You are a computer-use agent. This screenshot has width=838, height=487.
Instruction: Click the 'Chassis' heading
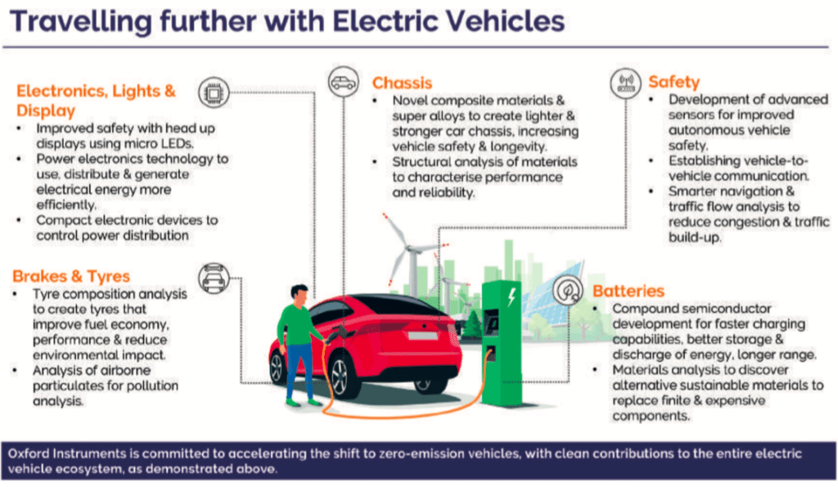tap(402, 83)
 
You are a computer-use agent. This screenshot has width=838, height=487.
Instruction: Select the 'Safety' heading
tap(674, 82)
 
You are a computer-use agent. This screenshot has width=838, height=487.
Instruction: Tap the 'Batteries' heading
tap(628, 291)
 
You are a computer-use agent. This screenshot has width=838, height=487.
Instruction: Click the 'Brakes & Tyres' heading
tap(72, 275)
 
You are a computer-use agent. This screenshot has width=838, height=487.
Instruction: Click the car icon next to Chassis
tap(342, 83)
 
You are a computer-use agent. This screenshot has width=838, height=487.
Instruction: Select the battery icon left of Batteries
tap(567, 289)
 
